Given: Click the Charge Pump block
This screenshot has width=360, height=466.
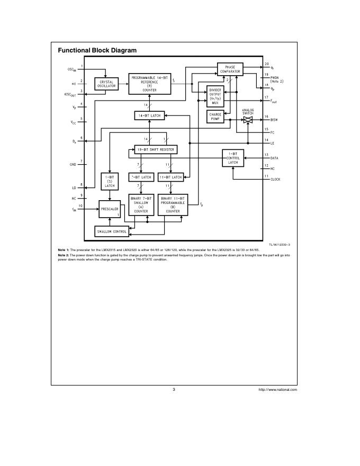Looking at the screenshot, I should pos(215,116).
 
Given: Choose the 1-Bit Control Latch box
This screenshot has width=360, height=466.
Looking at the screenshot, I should pos(233,158).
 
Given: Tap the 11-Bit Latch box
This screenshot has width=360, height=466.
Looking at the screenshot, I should pos(170,177).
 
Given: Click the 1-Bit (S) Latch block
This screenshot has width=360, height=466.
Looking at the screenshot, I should pos(109,181).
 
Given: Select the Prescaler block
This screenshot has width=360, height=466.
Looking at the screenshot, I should pos(110,209).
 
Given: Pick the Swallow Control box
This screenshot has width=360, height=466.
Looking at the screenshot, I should pos(111,231).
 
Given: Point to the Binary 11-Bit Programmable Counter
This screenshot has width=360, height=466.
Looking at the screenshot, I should pos(173,204).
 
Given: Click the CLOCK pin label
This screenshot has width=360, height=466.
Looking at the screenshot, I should pos(275,180).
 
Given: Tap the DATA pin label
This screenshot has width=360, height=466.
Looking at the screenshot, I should pos(274,158).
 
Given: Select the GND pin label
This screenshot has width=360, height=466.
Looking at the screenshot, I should pos(73,165).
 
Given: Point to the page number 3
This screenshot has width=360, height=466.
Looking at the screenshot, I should pos(174,389).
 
